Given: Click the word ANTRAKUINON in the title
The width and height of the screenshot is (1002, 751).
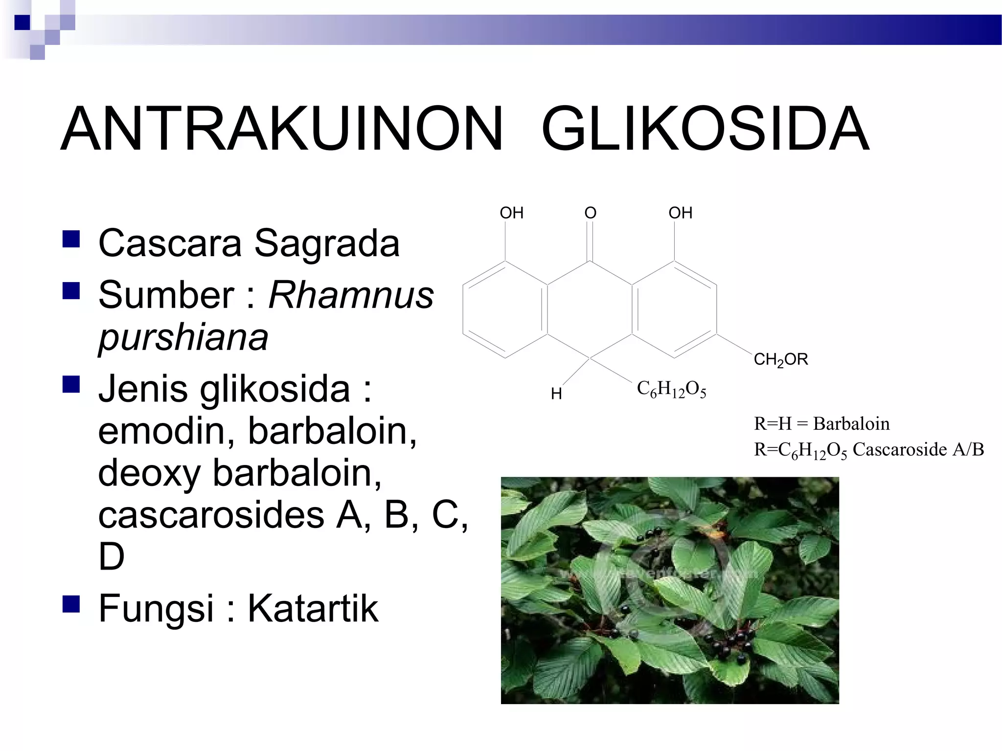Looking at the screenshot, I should click(x=281, y=129).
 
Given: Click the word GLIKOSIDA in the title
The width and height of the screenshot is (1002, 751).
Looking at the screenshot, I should click(x=705, y=129).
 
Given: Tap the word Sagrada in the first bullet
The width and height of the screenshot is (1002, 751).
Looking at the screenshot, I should click(x=327, y=243).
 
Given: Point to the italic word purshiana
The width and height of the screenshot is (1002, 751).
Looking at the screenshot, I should click(x=183, y=337).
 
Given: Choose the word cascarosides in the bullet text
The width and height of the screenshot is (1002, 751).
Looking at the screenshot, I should click(x=211, y=514).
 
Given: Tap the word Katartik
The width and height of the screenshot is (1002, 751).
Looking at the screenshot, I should click(x=313, y=608).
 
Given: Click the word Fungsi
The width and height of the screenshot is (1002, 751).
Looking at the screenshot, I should click(x=156, y=608).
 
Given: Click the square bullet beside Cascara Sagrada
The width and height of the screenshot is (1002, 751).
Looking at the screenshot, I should click(x=71, y=240).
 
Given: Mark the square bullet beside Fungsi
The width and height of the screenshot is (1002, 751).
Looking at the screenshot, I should click(x=71, y=604).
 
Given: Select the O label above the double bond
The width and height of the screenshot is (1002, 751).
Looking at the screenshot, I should click(x=591, y=213).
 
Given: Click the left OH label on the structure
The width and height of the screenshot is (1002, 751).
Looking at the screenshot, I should click(x=511, y=213).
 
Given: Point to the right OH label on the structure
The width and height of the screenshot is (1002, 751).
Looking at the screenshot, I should click(x=681, y=213).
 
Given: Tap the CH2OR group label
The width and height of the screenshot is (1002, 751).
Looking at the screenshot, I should click(x=781, y=360).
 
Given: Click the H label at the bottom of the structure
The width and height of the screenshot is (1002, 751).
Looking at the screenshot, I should click(x=556, y=394).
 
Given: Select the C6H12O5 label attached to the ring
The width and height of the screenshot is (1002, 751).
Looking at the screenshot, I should click(x=671, y=390).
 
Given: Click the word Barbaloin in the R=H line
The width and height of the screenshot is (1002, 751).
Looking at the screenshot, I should click(x=851, y=423).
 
